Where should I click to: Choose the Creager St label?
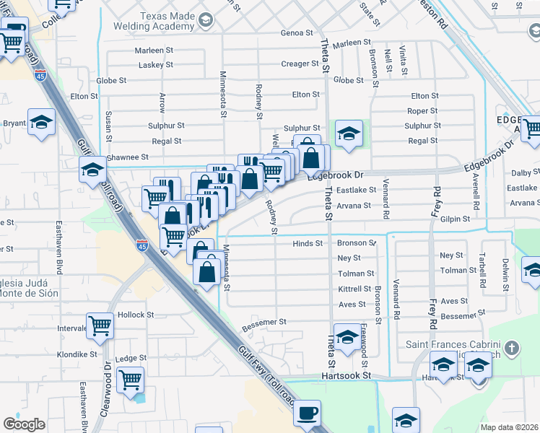(x=300, y=64)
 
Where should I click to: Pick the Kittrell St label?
(x=354, y=289)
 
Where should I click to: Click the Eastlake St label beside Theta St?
(x=357, y=190)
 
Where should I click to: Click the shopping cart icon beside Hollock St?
(x=100, y=325)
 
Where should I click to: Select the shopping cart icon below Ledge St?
(x=130, y=379)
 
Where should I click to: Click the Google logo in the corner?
(x=23, y=424)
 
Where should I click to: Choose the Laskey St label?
(x=156, y=64)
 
